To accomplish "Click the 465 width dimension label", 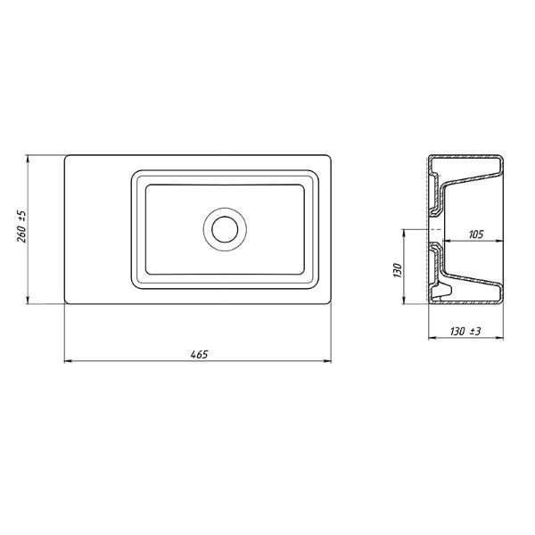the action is (x=199, y=355).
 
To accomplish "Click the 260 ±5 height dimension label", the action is (x=21, y=226).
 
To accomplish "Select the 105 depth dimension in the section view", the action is (x=476, y=235).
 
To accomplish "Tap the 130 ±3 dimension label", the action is (x=465, y=332).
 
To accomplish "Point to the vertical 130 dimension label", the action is (x=398, y=270).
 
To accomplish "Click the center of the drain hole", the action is (x=225, y=229).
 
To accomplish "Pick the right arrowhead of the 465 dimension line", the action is (x=327, y=360).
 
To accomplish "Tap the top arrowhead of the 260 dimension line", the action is (x=28, y=159).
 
